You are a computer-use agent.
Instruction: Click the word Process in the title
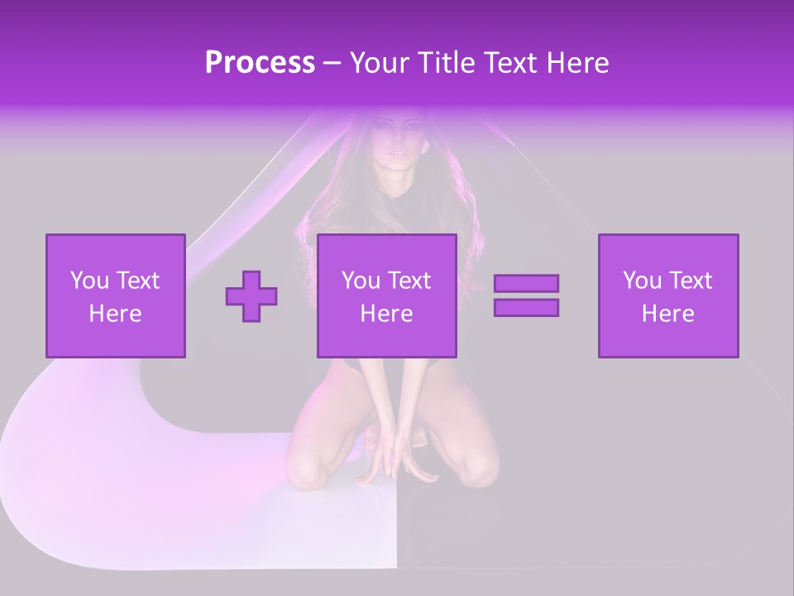click(260, 63)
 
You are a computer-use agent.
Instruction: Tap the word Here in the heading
click(576, 63)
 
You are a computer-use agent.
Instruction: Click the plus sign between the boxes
click(251, 296)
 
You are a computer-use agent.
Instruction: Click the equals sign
click(526, 296)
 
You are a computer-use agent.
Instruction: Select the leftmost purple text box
click(116, 296)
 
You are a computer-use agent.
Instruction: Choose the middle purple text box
click(387, 296)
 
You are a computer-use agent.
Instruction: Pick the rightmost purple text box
click(668, 296)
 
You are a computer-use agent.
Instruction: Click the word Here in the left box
click(115, 314)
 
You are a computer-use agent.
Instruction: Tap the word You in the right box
click(642, 281)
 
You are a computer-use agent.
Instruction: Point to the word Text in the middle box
click(410, 281)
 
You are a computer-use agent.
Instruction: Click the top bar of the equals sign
click(526, 283)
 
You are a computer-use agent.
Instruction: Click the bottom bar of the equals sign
click(526, 307)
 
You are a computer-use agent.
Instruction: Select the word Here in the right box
click(667, 314)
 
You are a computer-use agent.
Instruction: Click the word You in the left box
click(89, 281)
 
